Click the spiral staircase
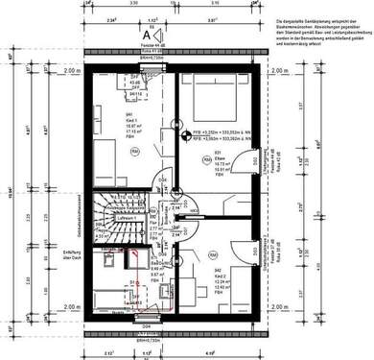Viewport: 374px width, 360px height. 113,218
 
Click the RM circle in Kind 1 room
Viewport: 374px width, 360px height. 135,151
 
